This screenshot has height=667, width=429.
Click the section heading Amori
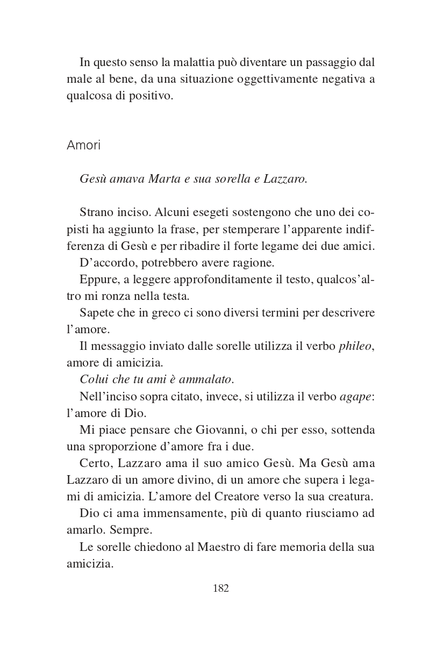click(83, 146)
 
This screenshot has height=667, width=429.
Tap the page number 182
click(221, 588)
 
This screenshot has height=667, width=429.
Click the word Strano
click(97, 212)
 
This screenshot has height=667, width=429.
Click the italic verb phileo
click(355, 346)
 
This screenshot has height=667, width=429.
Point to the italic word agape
click(356, 396)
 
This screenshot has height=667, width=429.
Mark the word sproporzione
click(118, 446)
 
